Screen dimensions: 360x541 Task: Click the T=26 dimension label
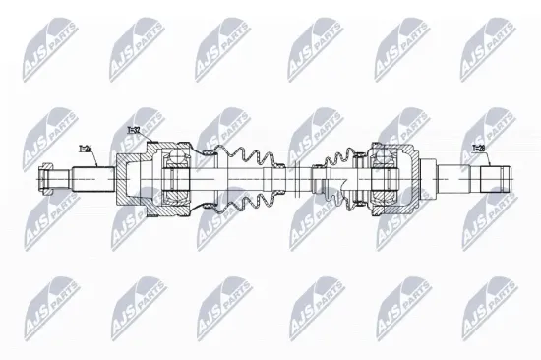pos(87,149)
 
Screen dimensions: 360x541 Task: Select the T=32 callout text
pos(134,131)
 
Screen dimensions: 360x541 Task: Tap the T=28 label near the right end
pos(480,149)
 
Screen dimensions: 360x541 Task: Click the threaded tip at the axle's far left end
pos(44,180)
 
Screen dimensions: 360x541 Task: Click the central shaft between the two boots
pos(295,180)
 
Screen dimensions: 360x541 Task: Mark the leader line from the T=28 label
pos(485,161)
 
